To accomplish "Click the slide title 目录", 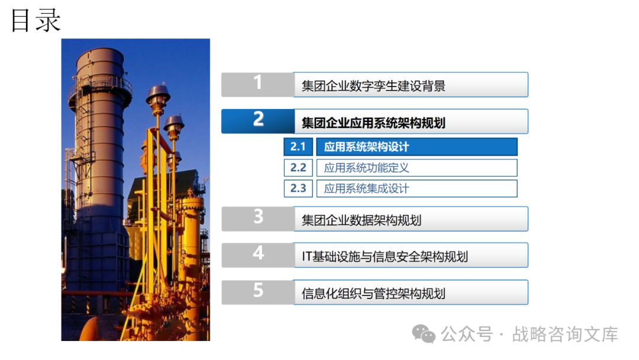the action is click(x=36, y=20).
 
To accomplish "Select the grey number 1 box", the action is click(x=257, y=85).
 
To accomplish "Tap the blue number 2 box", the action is click(x=257, y=121).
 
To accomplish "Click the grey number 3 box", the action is click(x=257, y=219).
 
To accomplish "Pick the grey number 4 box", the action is click(x=257, y=255).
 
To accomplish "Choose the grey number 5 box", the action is click(x=257, y=292).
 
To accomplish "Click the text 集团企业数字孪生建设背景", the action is click(x=373, y=86).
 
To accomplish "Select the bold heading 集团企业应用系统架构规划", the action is click(x=373, y=123).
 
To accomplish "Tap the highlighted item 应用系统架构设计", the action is click(x=366, y=147).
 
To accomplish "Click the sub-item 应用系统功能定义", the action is click(x=366, y=168).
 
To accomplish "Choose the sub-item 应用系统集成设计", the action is click(x=366, y=188).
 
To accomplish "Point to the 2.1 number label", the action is click(x=298, y=147).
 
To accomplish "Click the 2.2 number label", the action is click(x=298, y=168).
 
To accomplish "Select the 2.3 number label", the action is click(x=298, y=188).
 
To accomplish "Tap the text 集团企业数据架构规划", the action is click(x=362, y=221).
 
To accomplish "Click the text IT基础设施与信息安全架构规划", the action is click(x=385, y=257).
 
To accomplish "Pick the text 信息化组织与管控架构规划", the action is click(x=373, y=294).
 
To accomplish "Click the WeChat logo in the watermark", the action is click(x=424, y=334).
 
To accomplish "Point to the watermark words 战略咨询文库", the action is click(x=565, y=335).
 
